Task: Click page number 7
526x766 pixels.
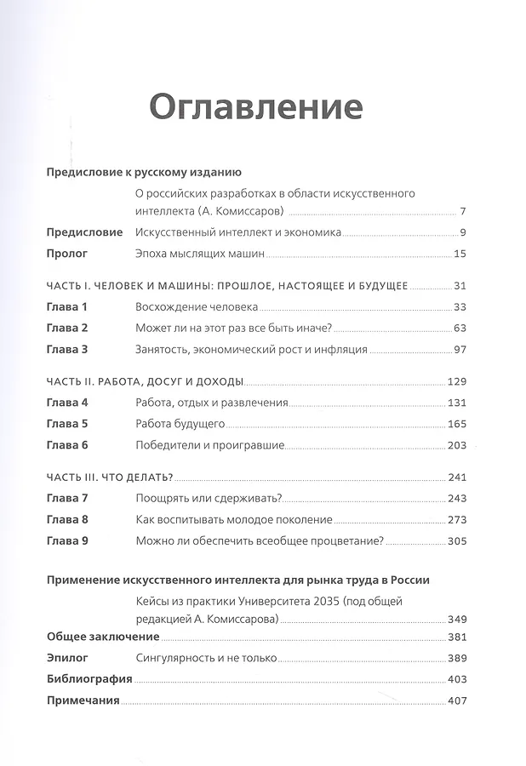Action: pyautogui.click(x=460, y=212)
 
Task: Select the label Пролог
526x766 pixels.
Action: pyautogui.click(x=67, y=253)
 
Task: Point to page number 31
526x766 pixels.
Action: pyautogui.click(x=456, y=285)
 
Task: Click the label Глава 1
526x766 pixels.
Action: pyautogui.click(x=67, y=306)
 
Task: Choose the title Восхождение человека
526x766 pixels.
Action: pyautogui.click(x=197, y=306)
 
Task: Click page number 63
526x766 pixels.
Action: pyautogui.click(x=456, y=328)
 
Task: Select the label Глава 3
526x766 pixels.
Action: pyautogui.click(x=67, y=349)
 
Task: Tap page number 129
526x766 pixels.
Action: pyautogui.click(x=454, y=380)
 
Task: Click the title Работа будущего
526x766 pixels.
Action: pyautogui.click(x=180, y=423)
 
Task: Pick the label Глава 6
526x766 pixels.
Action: pyautogui.click(x=67, y=444)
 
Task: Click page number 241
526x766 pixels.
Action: pyautogui.click(x=454, y=477)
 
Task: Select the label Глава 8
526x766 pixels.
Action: pyautogui.click(x=67, y=519)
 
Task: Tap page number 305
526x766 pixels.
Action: pyautogui.click(x=454, y=540)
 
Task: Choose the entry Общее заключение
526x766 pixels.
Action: pyautogui.click(x=103, y=637)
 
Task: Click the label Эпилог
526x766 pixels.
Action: pyautogui.click(x=67, y=658)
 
